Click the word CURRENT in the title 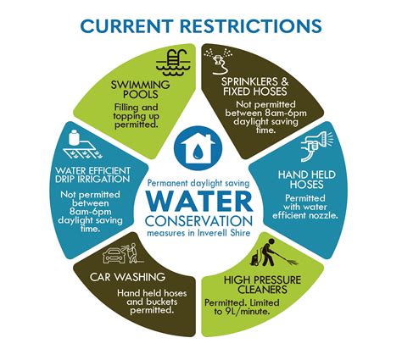pos(126,26)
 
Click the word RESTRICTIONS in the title pos(251,26)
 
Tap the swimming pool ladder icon pos(174,63)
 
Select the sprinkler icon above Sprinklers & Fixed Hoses pos(219,61)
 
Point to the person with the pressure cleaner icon pos(273,252)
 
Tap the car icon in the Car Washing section pos(114,255)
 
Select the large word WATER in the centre pos(199,202)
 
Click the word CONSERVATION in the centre pos(199,221)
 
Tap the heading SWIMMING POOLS pos(140,89)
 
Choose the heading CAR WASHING pos(127,277)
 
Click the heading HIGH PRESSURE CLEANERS pos(262,285)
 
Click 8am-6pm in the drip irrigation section pos(90,212)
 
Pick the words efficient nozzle pos(305,215)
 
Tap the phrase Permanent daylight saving pos(198,184)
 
